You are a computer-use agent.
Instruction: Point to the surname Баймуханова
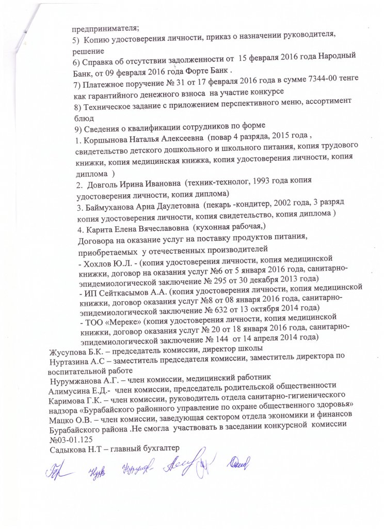113,207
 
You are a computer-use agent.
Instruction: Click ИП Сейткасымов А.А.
123,292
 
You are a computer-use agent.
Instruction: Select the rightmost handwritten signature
241,465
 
